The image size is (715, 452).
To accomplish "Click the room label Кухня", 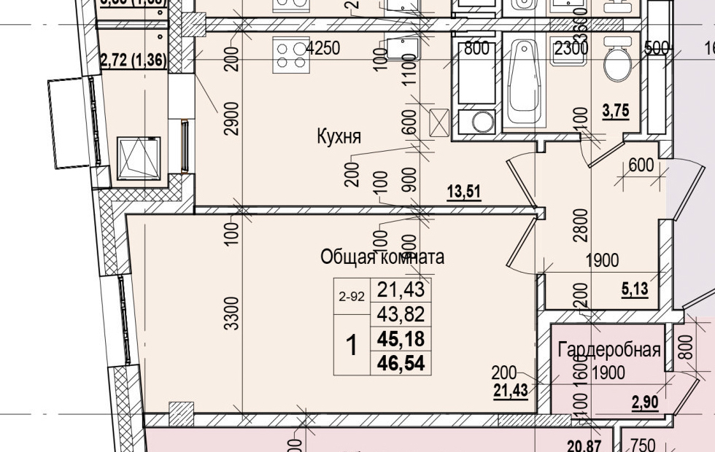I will tap(339, 136).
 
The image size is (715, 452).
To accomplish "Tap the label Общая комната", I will tap(382, 257).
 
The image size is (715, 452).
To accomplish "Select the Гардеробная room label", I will tap(609, 350).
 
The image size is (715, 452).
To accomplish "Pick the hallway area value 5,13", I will tap(634, 288).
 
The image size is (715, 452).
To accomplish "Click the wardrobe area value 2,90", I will tap(644, 402).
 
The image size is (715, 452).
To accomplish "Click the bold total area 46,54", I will tap(401, 362).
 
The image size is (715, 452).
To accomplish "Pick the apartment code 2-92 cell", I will tap(352, 297).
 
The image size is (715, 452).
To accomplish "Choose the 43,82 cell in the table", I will tap(401, 315).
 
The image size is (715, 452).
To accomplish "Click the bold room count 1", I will tap(352, 345).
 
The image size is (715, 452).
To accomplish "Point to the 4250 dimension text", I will tap(323, 49).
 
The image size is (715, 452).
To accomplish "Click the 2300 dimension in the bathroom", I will tap(571, 50).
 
